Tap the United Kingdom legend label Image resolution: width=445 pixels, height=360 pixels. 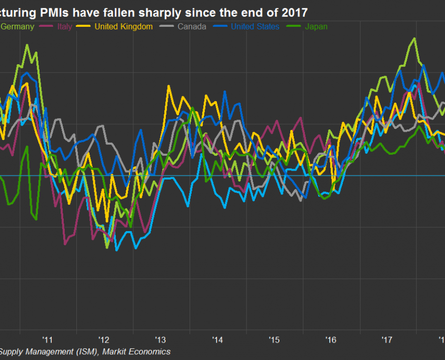coord(124,26)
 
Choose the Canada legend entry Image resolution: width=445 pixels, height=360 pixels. coord(192,26)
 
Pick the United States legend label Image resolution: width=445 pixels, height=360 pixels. coord(255,26)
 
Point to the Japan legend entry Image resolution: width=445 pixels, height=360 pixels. coord(316,26)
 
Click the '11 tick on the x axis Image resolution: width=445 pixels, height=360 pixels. coord(48,339)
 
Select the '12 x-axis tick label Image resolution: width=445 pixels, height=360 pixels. coord(104,339)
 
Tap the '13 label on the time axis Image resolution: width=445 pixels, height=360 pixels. coord(161,339)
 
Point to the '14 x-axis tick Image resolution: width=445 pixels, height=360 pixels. coord(217,339)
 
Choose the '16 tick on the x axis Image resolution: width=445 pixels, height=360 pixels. coord(331,339)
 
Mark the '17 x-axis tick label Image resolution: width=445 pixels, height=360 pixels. coord(387,339)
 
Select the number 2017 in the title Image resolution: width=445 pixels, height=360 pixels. coord(295,12)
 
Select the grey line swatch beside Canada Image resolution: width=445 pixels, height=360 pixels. coord(167,26)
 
